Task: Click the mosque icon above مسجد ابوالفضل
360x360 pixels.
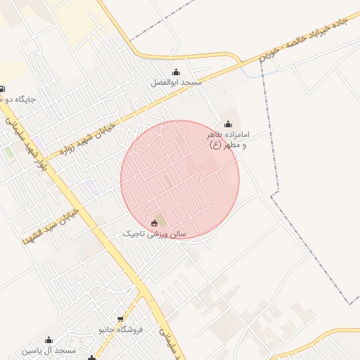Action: pyautogui.click(x=176, y=72)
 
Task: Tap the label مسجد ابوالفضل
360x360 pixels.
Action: pyautogui.click(x=176, y=82)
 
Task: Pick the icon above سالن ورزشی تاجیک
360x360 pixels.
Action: pyautogui.click(x=155, y=223)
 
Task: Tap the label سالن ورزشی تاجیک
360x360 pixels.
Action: pyautogui.click(x=154, y=233)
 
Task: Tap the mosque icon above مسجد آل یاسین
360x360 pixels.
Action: pyautogui.click(x=49, y=340)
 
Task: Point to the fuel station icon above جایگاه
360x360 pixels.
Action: pyautogui.click(x=2, y=89)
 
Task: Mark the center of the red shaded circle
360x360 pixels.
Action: pyautogui.click(x=180, y=180)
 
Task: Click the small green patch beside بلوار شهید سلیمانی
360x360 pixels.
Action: pyautogui.click(x=9, y=152)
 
